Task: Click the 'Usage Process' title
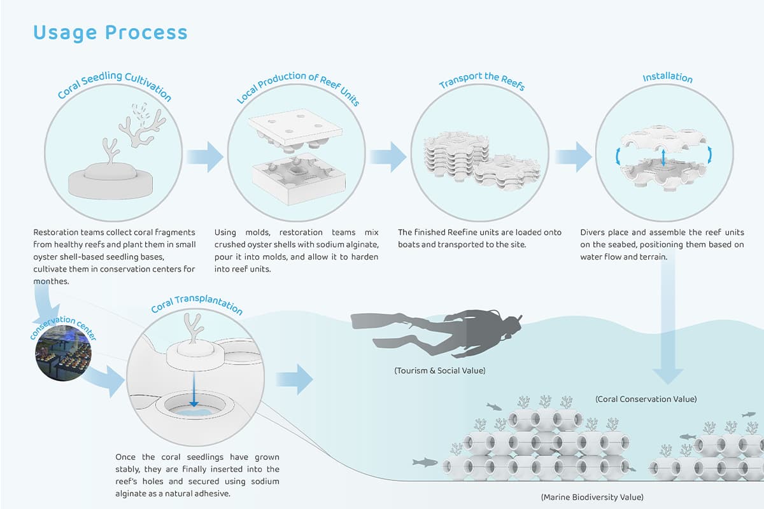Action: tap(110, 32)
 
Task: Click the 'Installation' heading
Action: tap(667, 78)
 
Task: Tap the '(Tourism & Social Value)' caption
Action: tap(439, 370)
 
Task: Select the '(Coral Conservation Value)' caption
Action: tap(646, 399)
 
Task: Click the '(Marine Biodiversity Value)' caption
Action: tap(591, 496)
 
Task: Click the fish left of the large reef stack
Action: tap(423, 461)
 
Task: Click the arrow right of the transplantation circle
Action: tap(294, 380)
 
